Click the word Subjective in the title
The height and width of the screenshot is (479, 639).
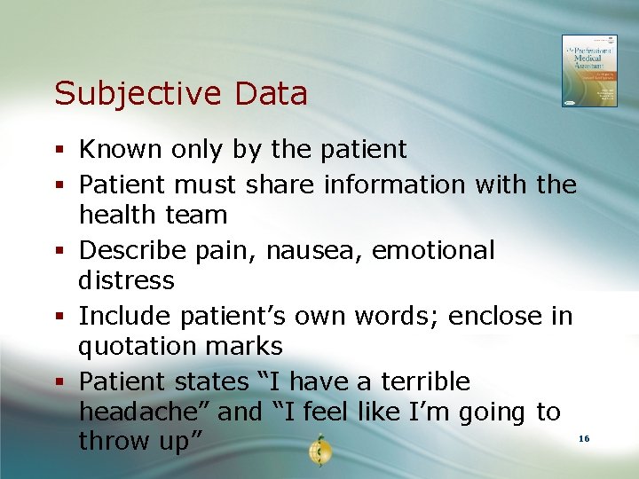click(127, 94)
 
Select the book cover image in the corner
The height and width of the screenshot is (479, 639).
click(588, 71)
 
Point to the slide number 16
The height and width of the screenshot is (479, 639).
click(583, 439)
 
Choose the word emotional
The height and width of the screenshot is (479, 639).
click(433, 250)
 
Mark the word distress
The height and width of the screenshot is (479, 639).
click(126, 280)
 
